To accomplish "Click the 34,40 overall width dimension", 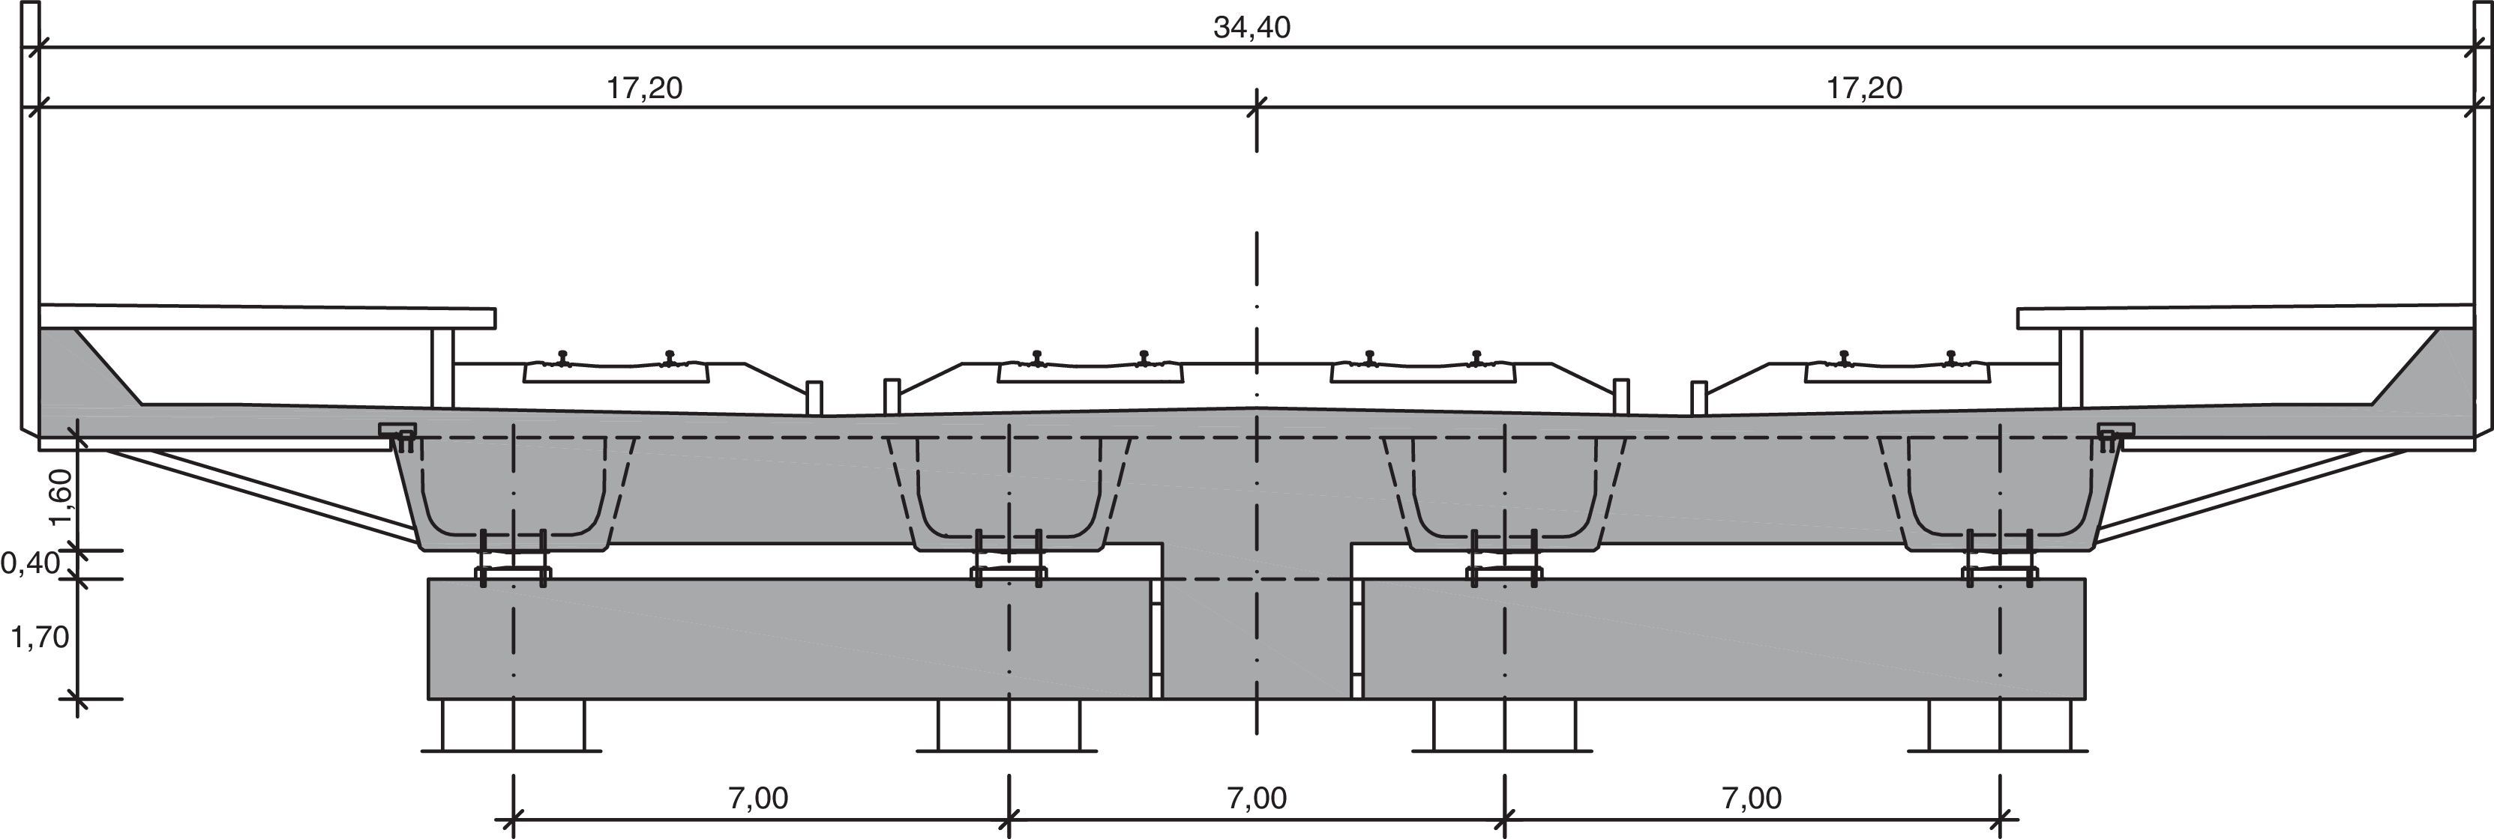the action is click(x=1251, y=27).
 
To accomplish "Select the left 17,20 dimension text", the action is click(x=645, y=88).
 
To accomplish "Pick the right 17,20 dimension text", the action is click(x=1863, y=88).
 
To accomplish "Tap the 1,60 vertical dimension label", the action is click(x=61, y=495).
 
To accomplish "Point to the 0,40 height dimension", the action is click(x=31, y=563).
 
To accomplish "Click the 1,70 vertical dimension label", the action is click(x=39, y=637).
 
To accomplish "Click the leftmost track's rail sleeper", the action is click(x=616, y=372).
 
